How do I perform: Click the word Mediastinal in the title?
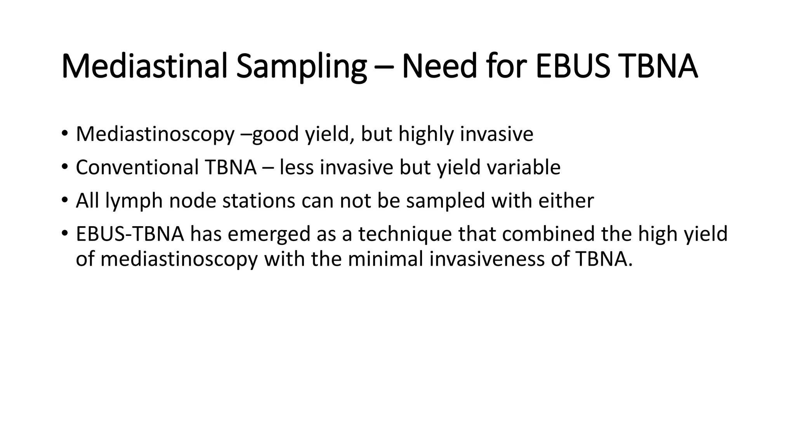pos(144,66)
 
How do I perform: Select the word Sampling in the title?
pos(301,66)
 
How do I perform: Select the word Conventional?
pos(137,167)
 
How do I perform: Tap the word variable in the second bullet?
pos(524,167)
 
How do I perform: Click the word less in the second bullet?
pos(297,167)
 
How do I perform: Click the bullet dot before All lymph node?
pos(64,201)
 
